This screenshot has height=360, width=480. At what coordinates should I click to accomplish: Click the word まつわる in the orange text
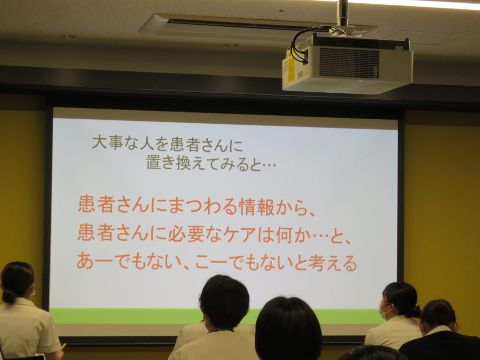(x=203, y=207)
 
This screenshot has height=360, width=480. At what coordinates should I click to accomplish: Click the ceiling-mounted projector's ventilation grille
(x=349, y=63)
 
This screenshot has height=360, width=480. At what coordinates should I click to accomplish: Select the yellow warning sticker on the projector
(x=291, y=68)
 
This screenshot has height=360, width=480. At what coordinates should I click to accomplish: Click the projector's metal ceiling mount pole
(x=343, y=13)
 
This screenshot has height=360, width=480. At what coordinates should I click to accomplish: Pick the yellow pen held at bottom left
(x=63, y=347)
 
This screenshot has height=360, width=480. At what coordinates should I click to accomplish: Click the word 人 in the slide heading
(x=147, y=144)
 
